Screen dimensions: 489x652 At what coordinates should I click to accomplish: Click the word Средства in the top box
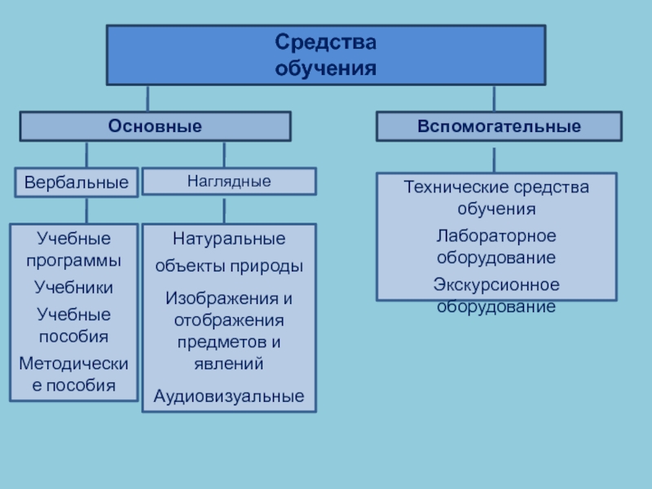click(326, 41)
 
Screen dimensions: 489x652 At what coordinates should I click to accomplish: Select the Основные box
click(155, 126)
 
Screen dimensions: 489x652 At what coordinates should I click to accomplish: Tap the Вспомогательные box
click(499, 126)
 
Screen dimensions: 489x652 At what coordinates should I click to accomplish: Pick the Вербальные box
click(76, 183)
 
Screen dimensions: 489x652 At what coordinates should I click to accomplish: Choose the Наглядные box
click(229, 181)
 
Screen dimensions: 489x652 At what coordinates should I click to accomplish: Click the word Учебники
click(73, 288)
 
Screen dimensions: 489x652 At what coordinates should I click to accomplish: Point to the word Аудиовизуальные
click(229, 396)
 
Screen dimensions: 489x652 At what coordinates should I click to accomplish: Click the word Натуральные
click(229, 240)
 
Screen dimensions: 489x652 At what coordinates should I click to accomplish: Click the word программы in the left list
click(73, 261)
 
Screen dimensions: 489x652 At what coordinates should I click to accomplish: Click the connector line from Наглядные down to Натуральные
click(226, 209)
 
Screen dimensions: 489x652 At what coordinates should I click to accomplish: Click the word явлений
click(229, 363)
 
